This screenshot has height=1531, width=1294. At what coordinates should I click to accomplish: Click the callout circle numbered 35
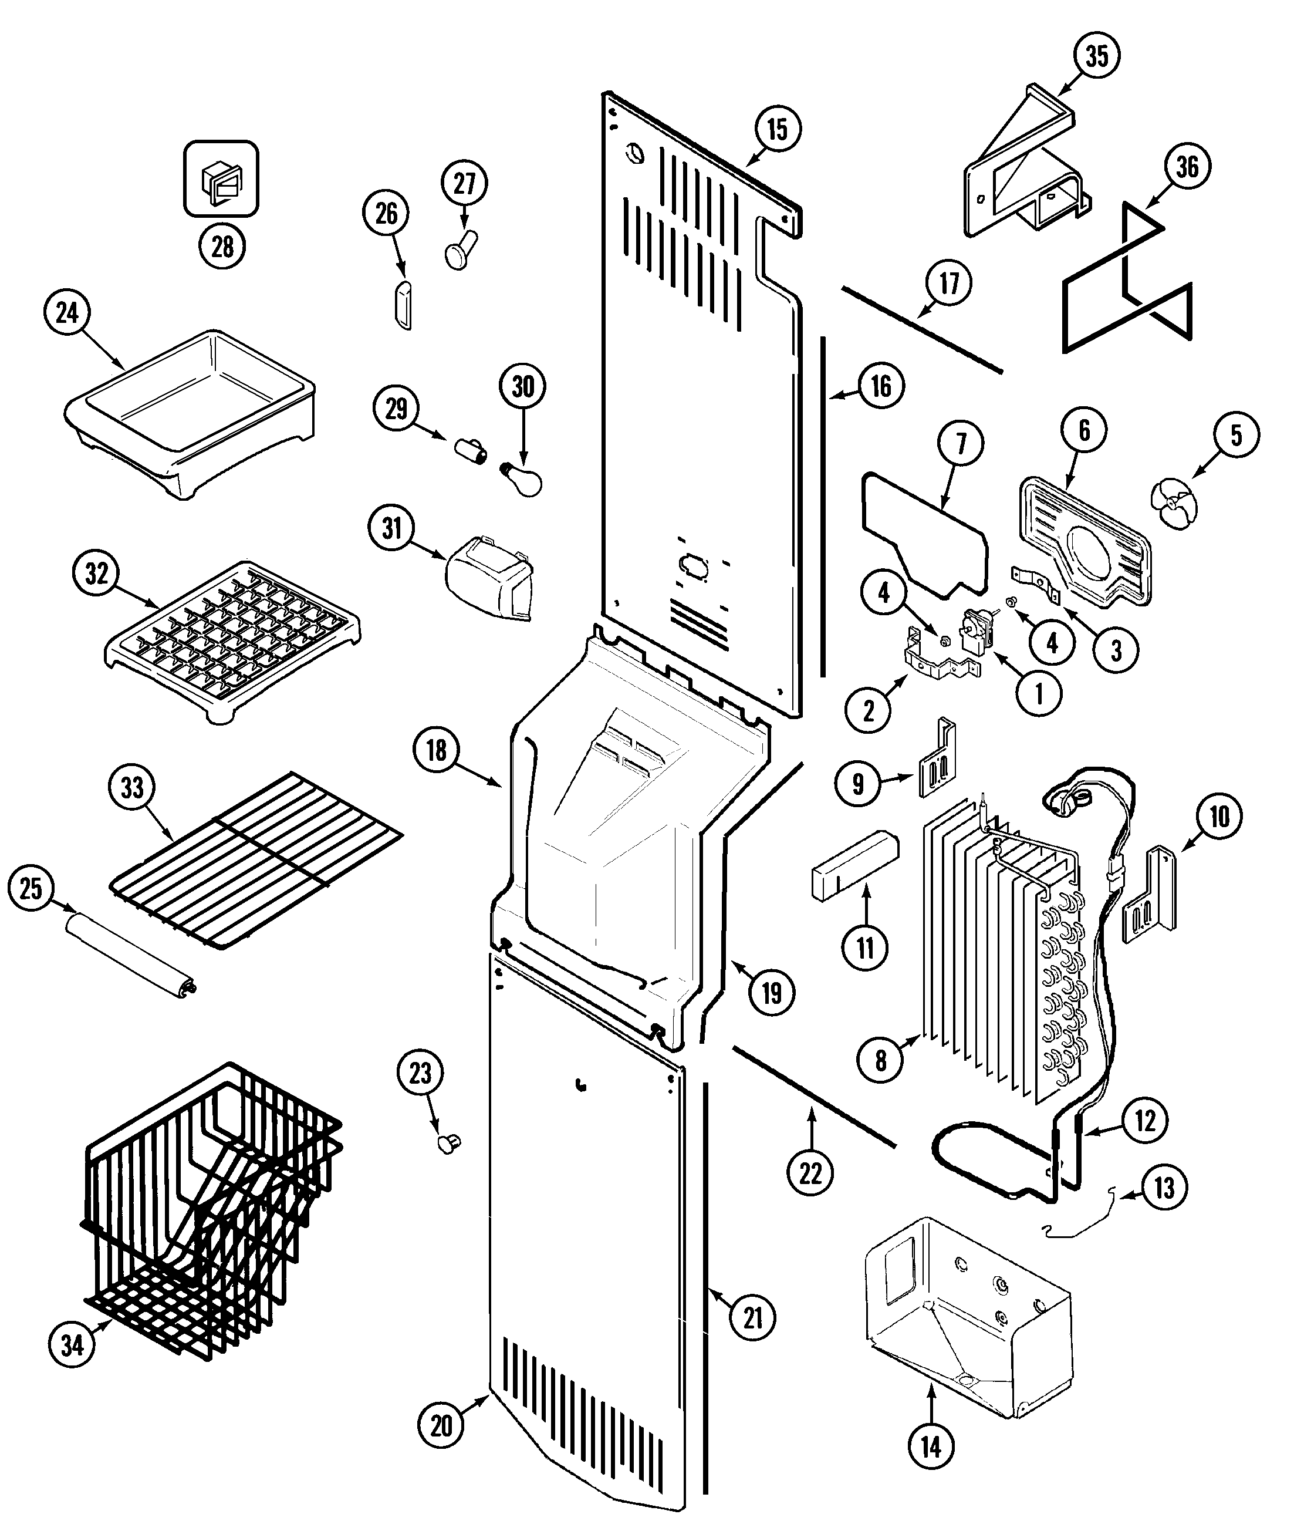click(x=1097, y=56)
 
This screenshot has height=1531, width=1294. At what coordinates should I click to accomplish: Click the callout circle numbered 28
click(x=222, y=246)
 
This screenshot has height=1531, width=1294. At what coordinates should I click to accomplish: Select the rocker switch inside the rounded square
click(x=221, y=179)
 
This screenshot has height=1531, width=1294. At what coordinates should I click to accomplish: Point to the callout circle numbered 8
click(x=880, y=1059)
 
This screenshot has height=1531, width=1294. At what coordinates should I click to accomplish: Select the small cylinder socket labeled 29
click(x=470, y=448)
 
